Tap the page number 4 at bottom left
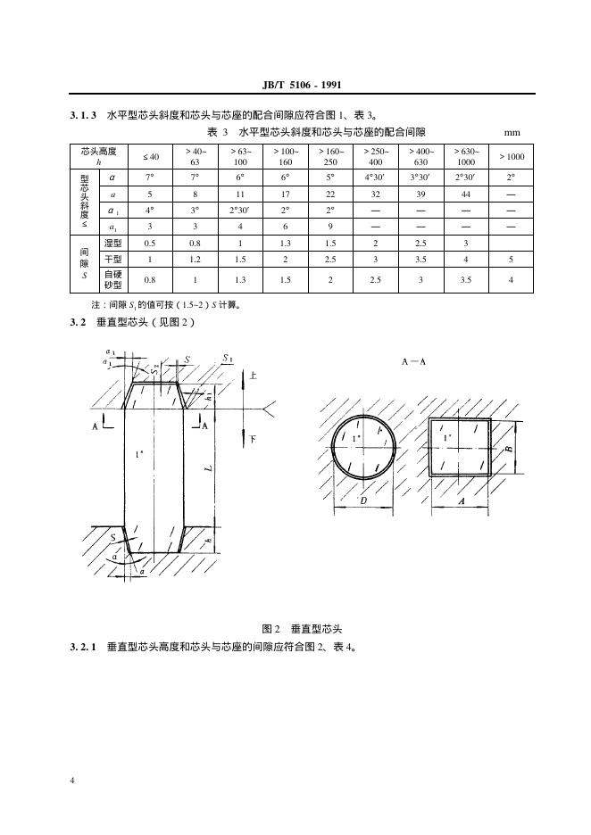point(72,781)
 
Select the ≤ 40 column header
point(151,157)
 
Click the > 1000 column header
point(511,157)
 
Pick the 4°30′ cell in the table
point(375,178)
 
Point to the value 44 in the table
point(465,194)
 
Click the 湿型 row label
point(112,243)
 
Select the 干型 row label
point(112,259)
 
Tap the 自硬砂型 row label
point(112,279)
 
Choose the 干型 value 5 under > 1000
point(511,259)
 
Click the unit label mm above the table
point(512,133)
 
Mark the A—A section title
point(413,361)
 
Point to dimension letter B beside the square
point(508,451)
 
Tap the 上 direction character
point(254,376)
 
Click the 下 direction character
point(254,440)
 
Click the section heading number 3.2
point(79,322)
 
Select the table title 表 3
point(219,133)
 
